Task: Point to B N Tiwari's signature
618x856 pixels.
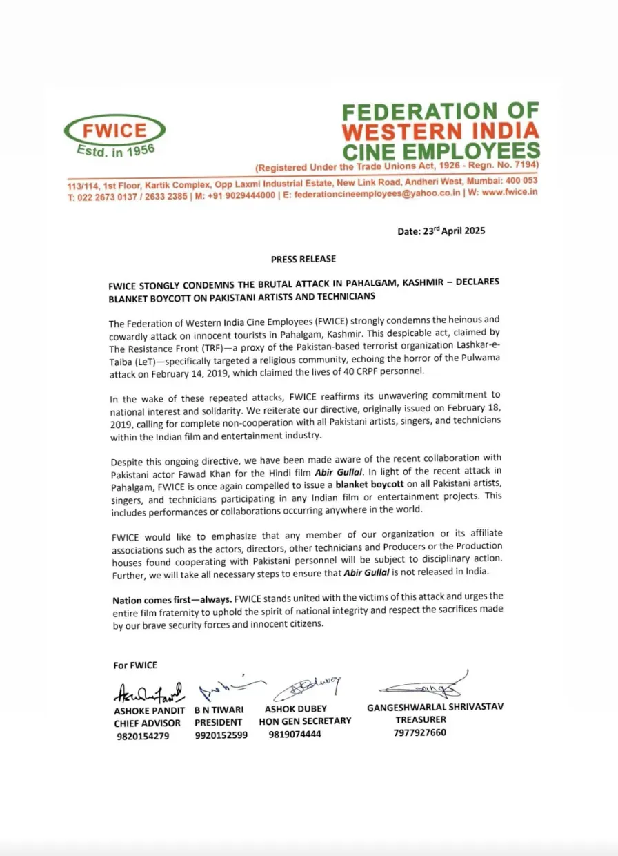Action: click(x=228, y=687)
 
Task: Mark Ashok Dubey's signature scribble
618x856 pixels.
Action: click(x=308, y=688)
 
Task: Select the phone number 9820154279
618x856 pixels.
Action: click(x=142, y=736)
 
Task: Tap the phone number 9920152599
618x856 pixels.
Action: click(x=221, y=736)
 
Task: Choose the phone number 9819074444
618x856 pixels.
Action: click(x=295, y=734)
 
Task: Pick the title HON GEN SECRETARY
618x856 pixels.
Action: click(x=305, y=721)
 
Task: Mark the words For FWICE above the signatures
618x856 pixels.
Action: click(x=135, y=665)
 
